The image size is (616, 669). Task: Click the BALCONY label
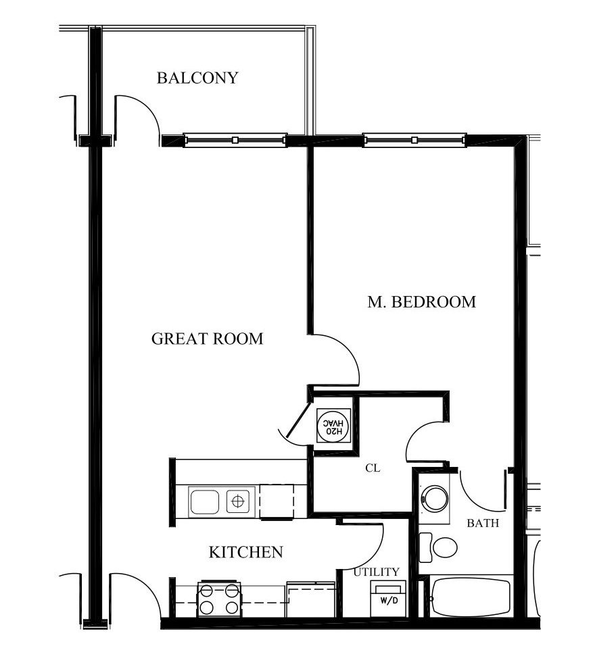click(197, 78)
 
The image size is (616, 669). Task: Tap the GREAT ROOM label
click(208, 339)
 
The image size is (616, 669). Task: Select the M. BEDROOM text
click(422, 302)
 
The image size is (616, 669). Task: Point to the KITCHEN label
click(246, 552)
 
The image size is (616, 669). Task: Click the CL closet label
click(373, 468)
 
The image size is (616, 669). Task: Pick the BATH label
click(483, 523)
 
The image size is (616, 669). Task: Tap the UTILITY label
click(376, 572)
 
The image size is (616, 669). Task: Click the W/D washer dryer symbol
click(388, 599)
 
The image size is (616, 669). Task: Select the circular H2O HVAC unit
click(334, 425)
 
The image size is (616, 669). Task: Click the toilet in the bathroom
click(437, 547)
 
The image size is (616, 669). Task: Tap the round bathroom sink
click(434, 498)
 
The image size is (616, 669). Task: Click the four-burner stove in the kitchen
click(220, 600)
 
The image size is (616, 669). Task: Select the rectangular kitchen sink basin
click(204, 501)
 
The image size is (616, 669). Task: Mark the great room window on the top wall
click(235, 140)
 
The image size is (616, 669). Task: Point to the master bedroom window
click(414, 140)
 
